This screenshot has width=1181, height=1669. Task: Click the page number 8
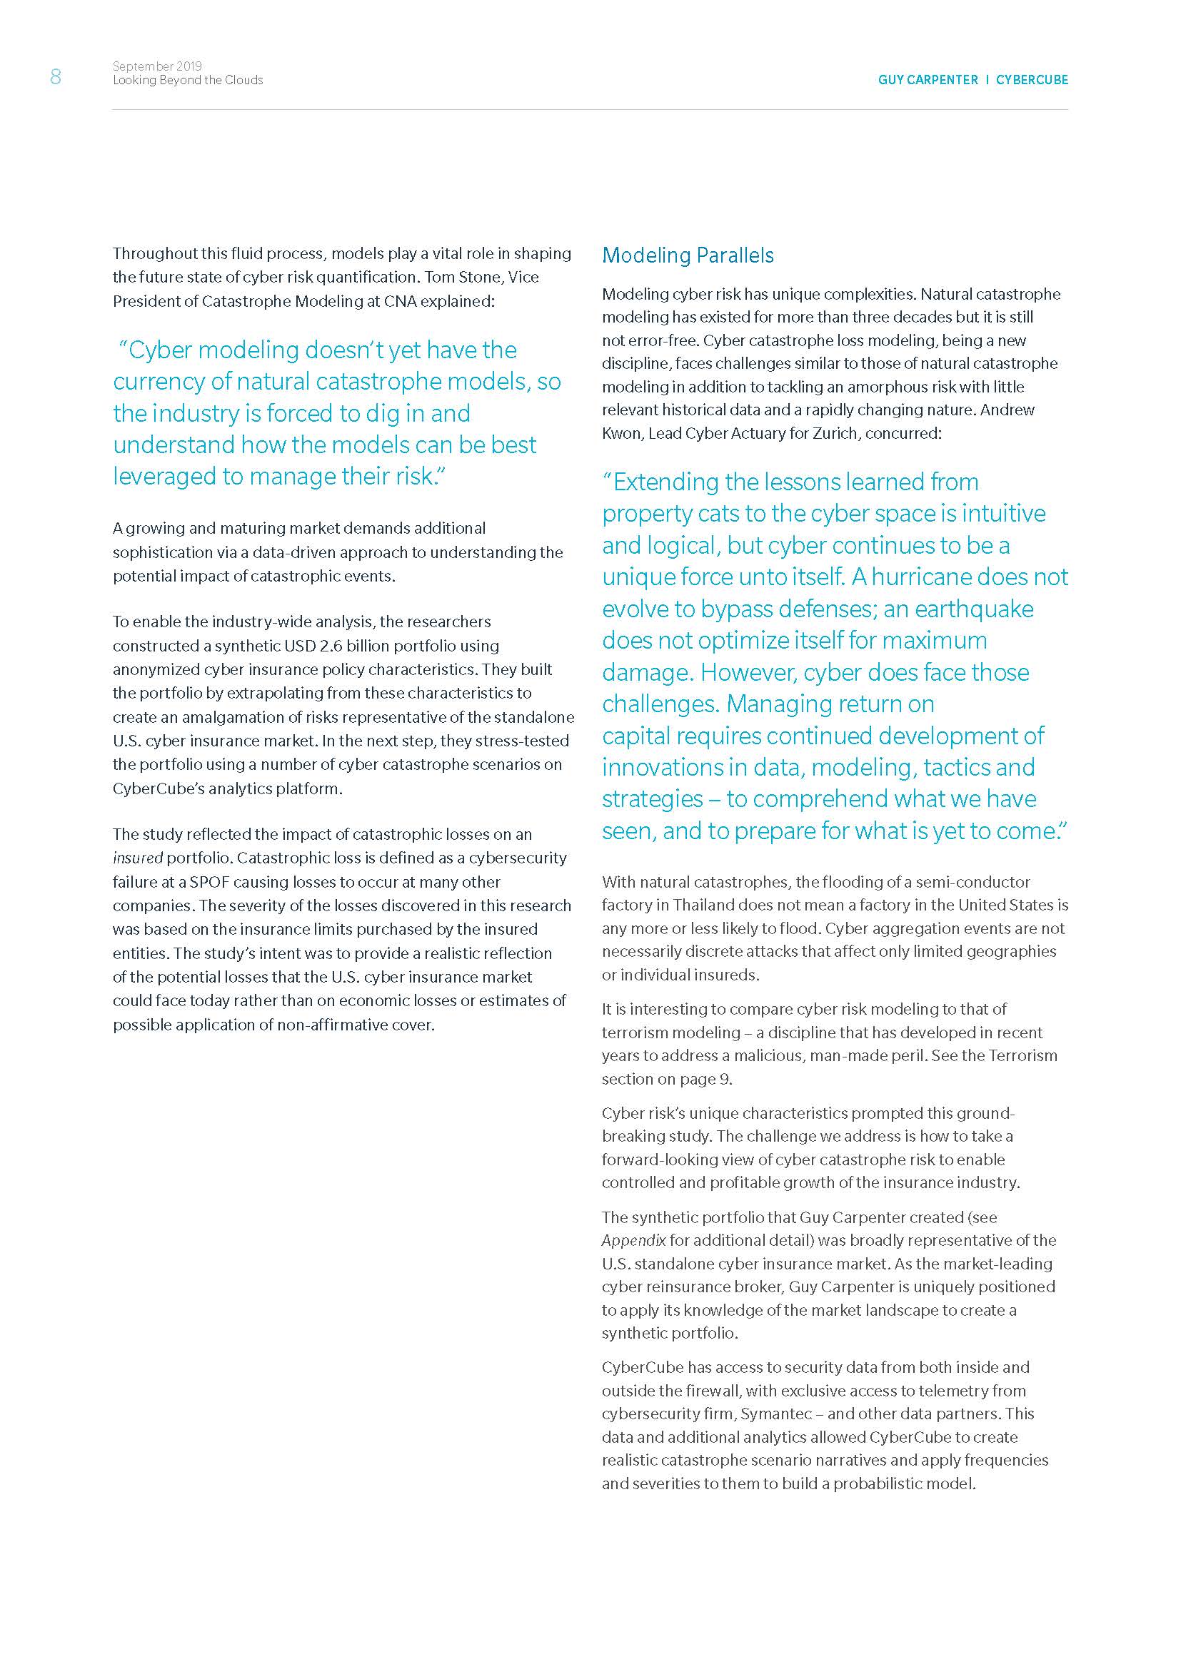click(55, 76)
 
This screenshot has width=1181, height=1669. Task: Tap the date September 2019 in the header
click(157, 66)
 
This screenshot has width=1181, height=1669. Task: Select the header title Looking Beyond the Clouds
click(188, 80)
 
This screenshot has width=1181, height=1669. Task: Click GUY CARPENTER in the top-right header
click(928, 80)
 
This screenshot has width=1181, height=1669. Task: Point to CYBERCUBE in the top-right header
click(1032, 80)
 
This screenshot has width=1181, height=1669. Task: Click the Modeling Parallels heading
click(687, 255)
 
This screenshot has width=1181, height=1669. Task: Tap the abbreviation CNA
click(401, 301)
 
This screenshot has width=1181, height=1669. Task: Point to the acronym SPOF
click(209, 882)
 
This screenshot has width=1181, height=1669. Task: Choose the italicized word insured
click(137, 858)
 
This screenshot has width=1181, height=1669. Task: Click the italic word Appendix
click(633, 1240)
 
